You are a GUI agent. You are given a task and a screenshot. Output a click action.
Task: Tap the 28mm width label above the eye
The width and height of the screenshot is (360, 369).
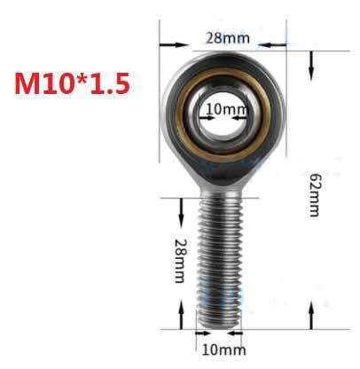pos(226,37)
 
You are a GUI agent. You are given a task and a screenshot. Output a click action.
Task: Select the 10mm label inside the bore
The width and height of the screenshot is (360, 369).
pos(226,110)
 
